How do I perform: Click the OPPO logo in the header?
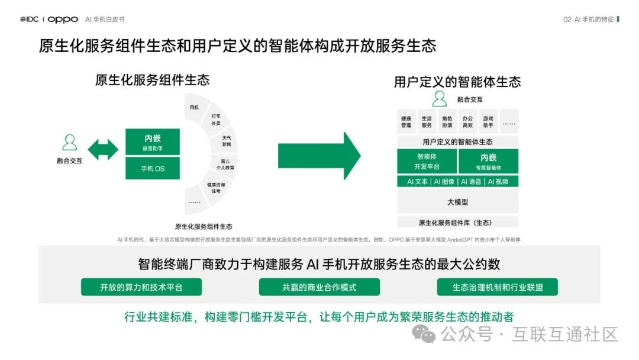63,19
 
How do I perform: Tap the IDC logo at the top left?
30,19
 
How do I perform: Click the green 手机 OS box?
153,169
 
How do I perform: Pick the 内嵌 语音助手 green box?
153,142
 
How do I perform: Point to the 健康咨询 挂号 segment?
214,188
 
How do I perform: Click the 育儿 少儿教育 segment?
227,164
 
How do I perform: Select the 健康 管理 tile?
406,121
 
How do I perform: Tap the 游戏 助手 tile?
488,121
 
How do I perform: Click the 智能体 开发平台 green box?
427,161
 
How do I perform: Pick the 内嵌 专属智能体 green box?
488,161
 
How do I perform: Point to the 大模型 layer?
457,202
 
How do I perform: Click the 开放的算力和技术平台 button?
141,287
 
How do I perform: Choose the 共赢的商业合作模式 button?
319,287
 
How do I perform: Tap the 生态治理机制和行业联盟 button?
498,287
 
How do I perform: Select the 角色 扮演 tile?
447,121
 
